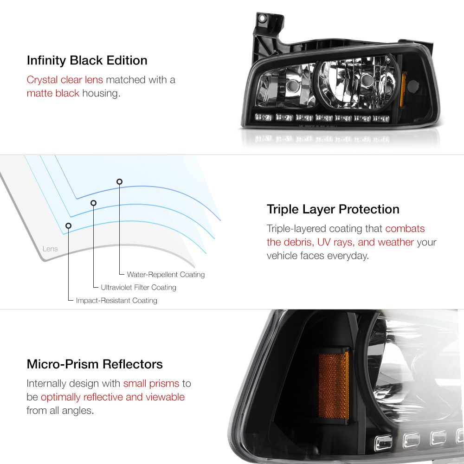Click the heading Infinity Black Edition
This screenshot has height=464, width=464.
click(x=87, y=60)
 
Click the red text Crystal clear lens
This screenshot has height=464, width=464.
click(x=64, y=80)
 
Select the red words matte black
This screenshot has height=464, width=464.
click(x=53, y=93)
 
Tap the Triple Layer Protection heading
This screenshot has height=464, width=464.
click(x=333, y=209)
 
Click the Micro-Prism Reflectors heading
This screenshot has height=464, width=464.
click(x=95, y=364)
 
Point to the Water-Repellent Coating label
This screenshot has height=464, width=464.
click(x=166, y=275)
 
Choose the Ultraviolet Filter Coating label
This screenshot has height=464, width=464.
click(x=138, y=288)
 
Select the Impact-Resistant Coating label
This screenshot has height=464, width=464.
click(x=116, y=301)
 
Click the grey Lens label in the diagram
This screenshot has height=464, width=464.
click(x=50, y=249)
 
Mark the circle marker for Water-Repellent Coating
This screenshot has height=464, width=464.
click(x=120, y=181)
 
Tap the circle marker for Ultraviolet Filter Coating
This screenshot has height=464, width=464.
click(x=93, y=203)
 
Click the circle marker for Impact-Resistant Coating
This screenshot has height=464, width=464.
click(x=69, y=226)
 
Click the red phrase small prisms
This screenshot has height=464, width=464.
click(x=151, y=384)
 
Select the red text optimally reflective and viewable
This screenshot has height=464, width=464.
click(x=113, y=397)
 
